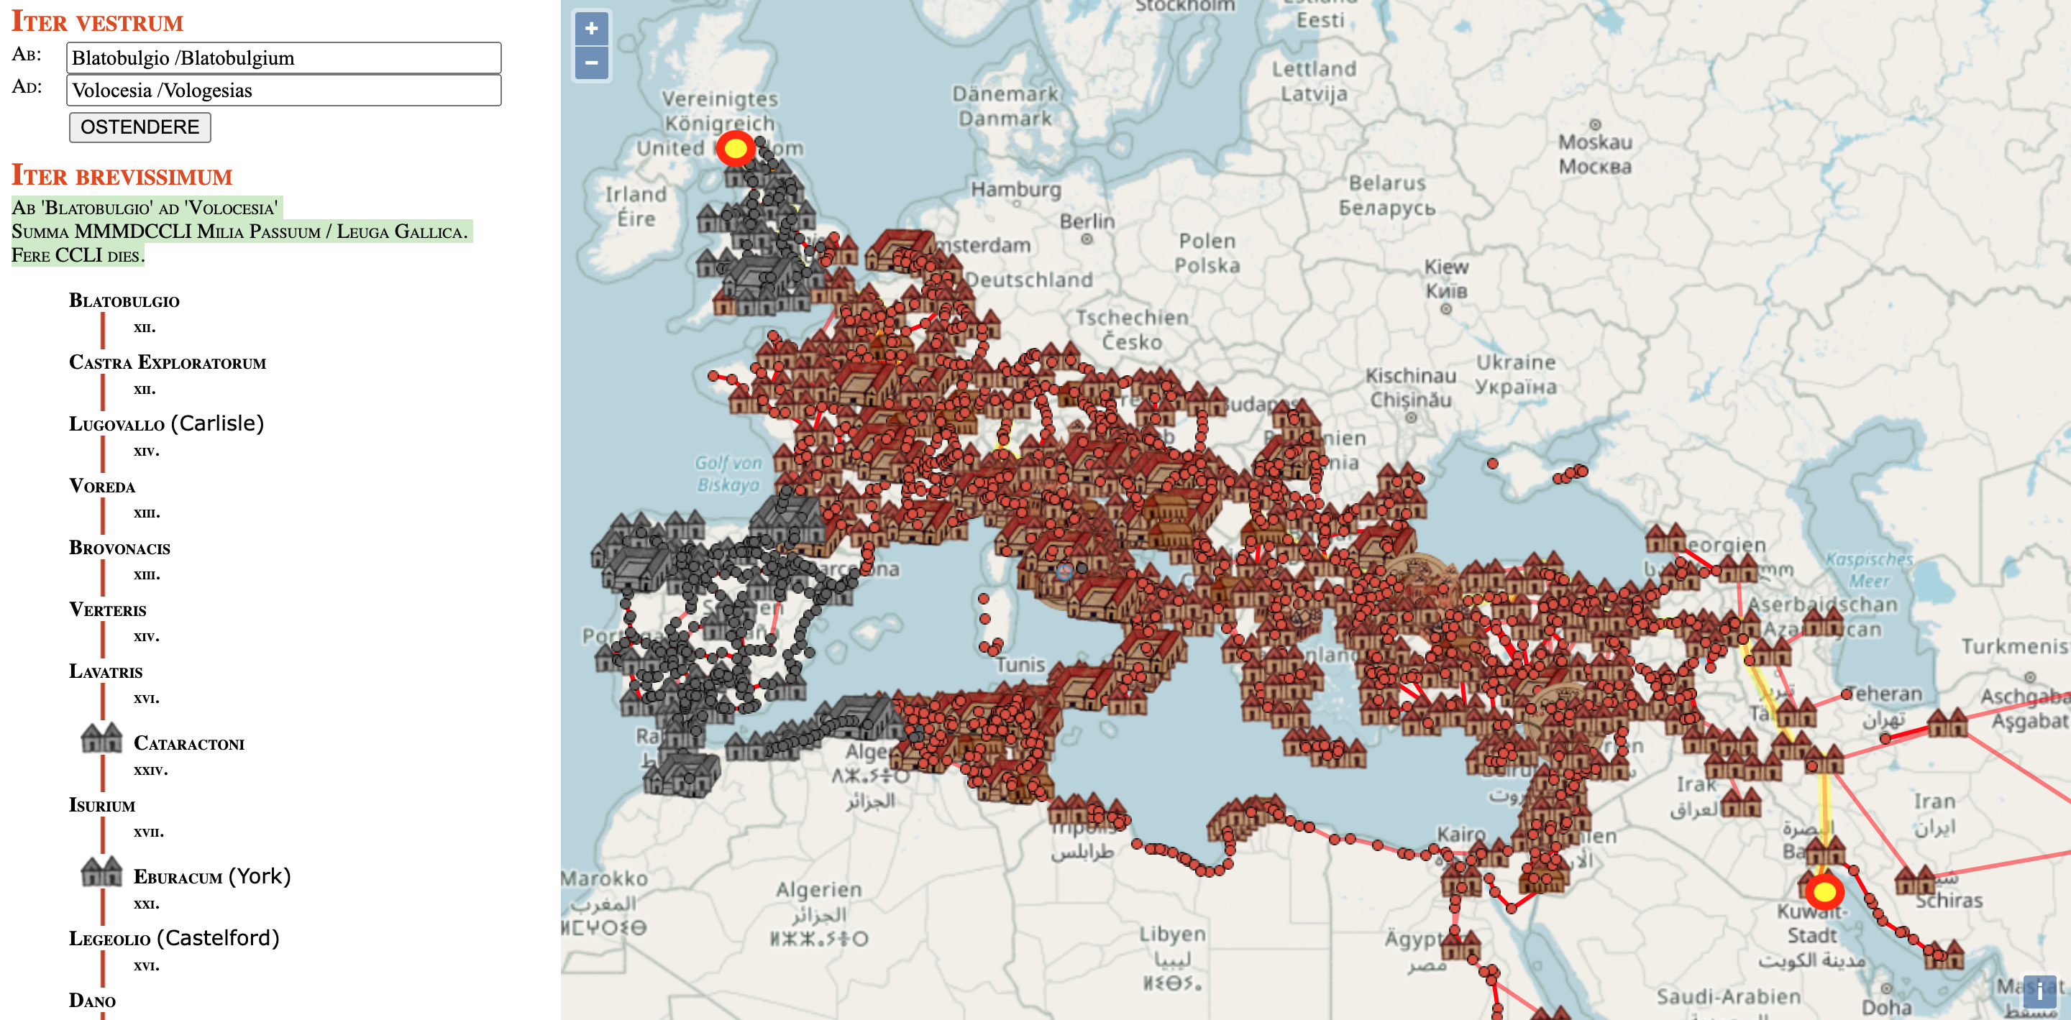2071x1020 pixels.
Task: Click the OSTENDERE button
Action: coord(140,127)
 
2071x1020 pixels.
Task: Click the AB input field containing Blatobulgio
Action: coord(283,58)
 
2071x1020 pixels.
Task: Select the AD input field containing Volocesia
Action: coord(283,90)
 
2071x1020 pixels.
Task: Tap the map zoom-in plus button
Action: coord(591,29)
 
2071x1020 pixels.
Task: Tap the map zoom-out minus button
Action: coord(591,63)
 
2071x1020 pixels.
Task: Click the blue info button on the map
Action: coord(2039,991)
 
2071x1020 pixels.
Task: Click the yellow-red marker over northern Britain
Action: coord(735,149)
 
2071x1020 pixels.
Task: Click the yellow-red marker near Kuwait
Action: coord(1824,891)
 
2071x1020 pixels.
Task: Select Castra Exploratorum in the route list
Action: coord(168,362)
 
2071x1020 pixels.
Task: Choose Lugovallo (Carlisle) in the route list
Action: coord(166,423)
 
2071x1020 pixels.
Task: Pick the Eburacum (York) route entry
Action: coord(211,876)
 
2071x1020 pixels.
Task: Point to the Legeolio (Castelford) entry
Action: coord(173,938)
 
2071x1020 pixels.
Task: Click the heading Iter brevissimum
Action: coord(122,176)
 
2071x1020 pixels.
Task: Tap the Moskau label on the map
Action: coord(1595,142)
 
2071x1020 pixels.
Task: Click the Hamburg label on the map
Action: coord(1016,190)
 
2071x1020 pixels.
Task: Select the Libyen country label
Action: coord(1171,934)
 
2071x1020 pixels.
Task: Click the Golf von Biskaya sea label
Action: coord(728,474)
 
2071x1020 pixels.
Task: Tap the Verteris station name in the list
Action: coord(108,610)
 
